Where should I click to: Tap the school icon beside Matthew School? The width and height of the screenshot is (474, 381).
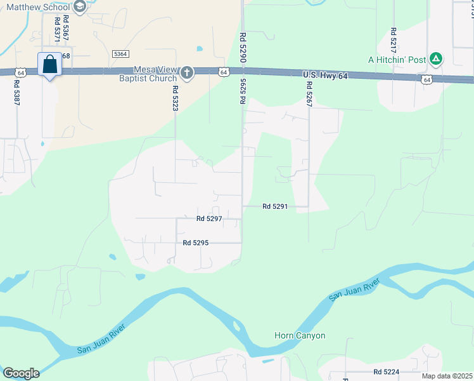click(80, 7)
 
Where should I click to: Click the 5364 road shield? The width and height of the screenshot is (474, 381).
click(120, 55)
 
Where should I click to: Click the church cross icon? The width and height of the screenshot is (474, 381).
click(186, 73)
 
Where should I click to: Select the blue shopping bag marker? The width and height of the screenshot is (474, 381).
click(49, 65)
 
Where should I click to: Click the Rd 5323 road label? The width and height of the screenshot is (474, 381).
click(176, 98)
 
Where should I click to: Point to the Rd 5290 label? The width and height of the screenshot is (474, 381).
click(243, 48)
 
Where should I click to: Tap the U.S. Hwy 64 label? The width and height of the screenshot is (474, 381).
click(326, 76)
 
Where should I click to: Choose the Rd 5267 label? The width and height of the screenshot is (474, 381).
click(309, 96)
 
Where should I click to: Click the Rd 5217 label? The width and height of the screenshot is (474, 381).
click(394, 40)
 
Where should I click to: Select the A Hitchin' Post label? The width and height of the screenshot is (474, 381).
click(397, 60)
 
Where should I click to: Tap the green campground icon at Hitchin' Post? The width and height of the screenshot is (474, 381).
click(435, 59)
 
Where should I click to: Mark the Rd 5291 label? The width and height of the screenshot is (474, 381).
click(275, 206)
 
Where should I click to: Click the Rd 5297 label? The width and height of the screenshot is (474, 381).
click(209, 218)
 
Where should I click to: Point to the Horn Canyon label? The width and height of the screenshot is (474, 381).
click(300, 335)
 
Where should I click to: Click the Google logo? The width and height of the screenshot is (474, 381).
click(20, 373)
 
